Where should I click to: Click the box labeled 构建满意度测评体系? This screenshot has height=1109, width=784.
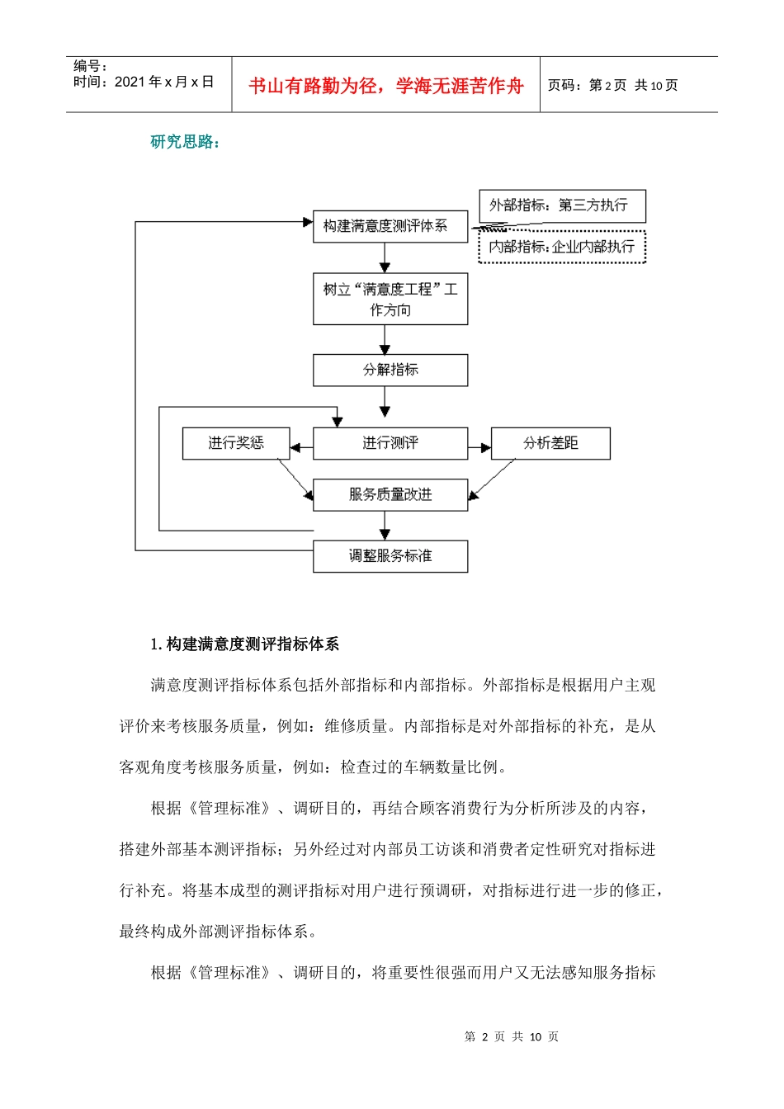(390, 226)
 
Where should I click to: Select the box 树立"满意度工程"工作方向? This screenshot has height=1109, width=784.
(390, 299)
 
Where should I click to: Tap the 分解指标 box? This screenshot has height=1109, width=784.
(390, 370)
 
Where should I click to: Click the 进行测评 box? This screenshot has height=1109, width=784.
(390, 443)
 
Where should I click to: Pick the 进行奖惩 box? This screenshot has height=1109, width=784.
(236, 443)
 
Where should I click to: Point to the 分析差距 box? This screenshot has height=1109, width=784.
(550, 443)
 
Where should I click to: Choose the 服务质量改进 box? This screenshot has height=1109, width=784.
(390, 494)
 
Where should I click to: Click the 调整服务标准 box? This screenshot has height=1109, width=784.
(390, 556)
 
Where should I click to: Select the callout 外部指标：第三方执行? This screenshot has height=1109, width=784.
(561, 205)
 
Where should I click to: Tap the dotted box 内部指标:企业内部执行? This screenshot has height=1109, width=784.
(561, 247)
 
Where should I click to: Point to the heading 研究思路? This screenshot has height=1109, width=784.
(185, 142)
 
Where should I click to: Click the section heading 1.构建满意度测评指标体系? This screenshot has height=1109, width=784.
(244, 644)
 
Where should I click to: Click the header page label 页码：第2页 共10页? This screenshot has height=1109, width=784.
(612, 86)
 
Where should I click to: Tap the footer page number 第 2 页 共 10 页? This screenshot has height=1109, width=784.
(512, 1036)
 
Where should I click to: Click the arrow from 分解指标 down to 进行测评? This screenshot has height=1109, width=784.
(385, 401)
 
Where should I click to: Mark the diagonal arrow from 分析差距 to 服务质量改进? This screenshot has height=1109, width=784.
(492, 479)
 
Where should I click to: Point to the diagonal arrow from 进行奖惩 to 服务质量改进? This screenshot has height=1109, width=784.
(295, 478)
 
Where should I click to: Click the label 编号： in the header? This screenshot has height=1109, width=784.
(90, 66)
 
